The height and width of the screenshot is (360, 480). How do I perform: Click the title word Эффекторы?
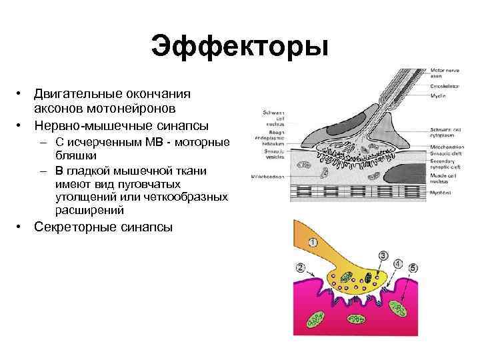pos(240,47)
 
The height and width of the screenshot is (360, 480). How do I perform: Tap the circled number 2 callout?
pos(301,268)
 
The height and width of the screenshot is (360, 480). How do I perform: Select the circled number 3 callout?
pos(383,255)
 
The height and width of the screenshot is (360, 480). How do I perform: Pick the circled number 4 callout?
pos(398,264)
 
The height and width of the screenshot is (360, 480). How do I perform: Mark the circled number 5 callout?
pos(413,269)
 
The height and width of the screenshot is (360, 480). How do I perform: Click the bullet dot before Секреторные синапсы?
pos(22,227)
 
